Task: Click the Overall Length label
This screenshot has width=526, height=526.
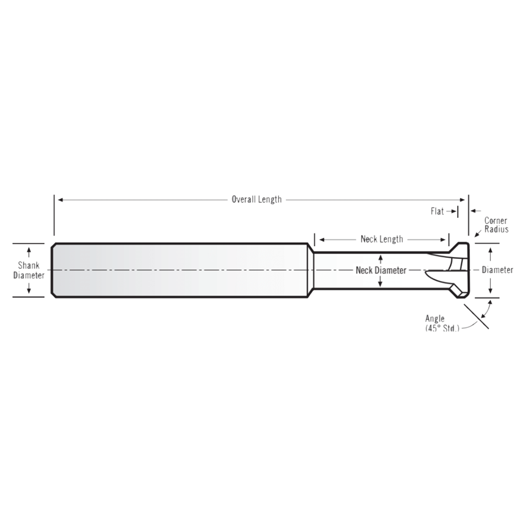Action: point(256,200)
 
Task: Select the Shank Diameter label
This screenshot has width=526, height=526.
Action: point(29,270)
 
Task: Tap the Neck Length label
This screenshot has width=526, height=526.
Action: point(382,239)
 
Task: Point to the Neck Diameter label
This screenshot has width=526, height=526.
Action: point(381,270)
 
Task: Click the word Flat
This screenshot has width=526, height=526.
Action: point(437,211)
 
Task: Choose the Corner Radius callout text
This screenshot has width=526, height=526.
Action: point(496,225)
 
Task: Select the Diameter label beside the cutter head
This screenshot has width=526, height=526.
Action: point(497,270)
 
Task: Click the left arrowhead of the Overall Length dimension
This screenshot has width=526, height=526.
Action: point(60,200)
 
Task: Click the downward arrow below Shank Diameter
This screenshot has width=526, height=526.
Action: point(29,289)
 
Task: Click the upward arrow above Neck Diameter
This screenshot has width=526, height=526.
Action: point(381,258)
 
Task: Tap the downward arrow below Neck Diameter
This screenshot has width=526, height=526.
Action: point(381,283)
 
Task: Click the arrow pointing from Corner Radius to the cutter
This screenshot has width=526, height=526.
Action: point(477,235)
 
